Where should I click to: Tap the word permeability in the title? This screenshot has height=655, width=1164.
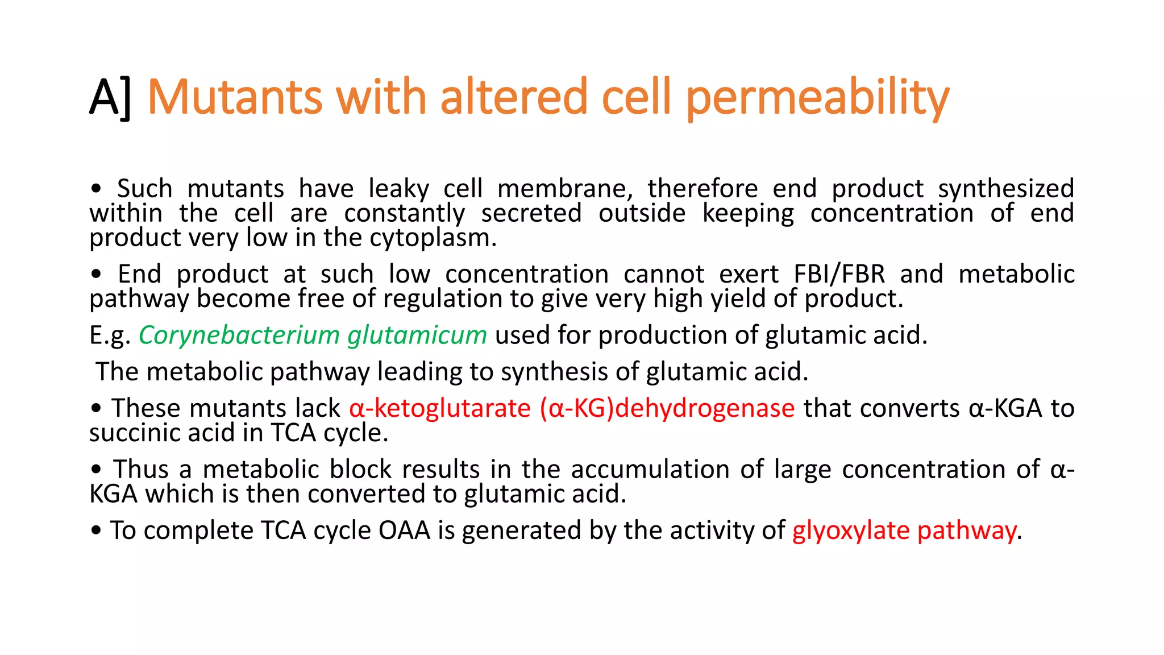tap(818, 98)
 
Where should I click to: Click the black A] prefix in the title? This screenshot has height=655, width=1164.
tap(110, 98)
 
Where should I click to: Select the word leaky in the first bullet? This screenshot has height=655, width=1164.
tap(398, 189)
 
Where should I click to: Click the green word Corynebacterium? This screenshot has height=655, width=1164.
tap(239, 335)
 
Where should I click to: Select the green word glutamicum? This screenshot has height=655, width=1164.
tap(417, 335)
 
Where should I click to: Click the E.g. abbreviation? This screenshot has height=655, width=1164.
tap(110, 335)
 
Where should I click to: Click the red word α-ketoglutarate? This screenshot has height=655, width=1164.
tap(440, 408)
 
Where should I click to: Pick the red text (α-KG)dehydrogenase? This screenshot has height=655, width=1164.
tap(667, 408)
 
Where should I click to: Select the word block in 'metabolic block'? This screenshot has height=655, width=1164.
tap(360, 470)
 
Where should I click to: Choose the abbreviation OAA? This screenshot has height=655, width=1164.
tap(404, 530)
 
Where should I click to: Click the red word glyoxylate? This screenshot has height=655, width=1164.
tap(851, 530)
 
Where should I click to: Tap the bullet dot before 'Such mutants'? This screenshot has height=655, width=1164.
tap(96, 189)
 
